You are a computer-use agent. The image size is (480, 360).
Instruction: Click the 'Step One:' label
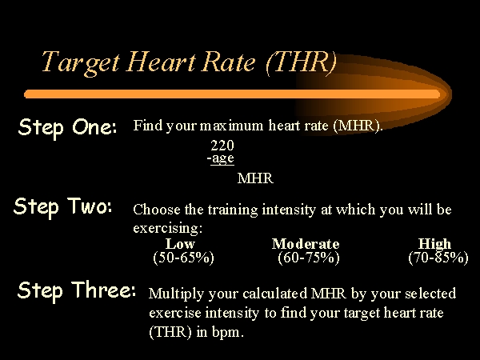point(67,128)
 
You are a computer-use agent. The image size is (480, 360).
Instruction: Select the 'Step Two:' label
point(62,206)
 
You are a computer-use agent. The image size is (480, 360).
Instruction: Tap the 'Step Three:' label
point(77,290)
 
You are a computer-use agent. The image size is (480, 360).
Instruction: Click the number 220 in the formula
point(222,146)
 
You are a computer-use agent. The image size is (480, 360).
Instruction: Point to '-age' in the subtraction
point(221,158)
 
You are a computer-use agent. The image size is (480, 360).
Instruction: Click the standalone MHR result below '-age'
point(255,178)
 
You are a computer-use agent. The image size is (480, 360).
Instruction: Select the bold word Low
point(180,244)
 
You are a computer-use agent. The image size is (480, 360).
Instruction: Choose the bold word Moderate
point(306,244)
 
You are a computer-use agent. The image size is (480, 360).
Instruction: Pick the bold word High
point(434,244)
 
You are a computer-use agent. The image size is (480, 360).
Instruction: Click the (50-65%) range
point(183,258)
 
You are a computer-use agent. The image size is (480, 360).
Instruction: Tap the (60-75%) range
point(309,258)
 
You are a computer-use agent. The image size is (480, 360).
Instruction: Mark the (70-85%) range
point(438,258)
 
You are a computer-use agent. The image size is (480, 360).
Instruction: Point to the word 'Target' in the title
point(81,63)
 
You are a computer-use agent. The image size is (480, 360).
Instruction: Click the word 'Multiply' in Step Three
point(176,294)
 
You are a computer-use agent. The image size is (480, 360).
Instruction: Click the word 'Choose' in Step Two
point(157,210)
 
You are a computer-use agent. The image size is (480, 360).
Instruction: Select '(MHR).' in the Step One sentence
point(358,126)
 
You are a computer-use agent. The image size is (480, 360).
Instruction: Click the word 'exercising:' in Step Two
point(168,228)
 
